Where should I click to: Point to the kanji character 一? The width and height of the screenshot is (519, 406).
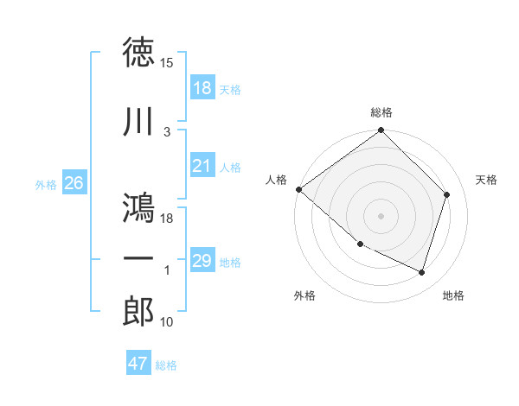(x=138, y=258)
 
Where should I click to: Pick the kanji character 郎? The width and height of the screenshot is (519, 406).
(x=138, y=311)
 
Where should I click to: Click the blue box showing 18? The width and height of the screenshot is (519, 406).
(x=202, y=88)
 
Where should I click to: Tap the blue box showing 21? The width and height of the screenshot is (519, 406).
(x=202, y=167)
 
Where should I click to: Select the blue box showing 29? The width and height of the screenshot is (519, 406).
(x=202, y=262)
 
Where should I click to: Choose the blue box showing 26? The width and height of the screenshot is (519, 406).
(x=74, y=183)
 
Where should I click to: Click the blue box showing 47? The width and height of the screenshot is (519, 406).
(x=138, y=364)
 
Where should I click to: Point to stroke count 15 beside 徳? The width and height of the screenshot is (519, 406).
(x=167, y=63)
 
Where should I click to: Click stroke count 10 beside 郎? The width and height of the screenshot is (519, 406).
(x=167, y=322)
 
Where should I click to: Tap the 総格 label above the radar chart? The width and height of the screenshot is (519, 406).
(x=381, y=112)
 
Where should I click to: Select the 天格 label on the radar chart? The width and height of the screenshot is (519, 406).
(x=487, y=180)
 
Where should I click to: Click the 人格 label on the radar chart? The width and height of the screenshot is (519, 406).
(x=277, y=180)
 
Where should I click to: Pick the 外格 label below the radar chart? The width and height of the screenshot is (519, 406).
(x=304, y=295)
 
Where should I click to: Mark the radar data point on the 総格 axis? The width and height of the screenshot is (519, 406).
(x=381, y=131)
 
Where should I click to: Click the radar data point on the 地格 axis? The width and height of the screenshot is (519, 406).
(x=422, y=273)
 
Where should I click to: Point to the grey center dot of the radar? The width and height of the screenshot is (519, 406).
(x=381, y=215)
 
